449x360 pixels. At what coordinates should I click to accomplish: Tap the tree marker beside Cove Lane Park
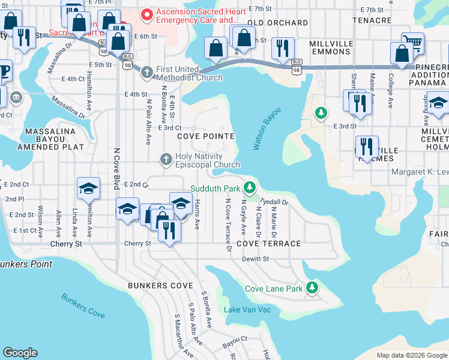pos(312,289)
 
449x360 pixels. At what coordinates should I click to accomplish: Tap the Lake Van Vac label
pos(247,310)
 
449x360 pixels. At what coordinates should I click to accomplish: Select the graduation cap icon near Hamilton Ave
pos(88,189)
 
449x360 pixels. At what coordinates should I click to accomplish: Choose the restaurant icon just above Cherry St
pos(169,229)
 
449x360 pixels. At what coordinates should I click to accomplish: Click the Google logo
pos(20,353)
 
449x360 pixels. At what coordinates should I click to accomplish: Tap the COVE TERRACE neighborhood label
pos(268,244)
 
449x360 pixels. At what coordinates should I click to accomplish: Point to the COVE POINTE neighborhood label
pos(205,136)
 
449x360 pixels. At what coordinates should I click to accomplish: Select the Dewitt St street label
pos(256,259)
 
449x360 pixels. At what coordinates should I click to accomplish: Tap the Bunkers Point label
pos(25,264)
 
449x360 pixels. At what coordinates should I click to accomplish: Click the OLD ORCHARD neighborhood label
pos(277,23)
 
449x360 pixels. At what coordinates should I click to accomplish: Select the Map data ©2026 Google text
pos(412,355)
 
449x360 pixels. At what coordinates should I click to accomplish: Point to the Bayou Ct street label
pos(235,338)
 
